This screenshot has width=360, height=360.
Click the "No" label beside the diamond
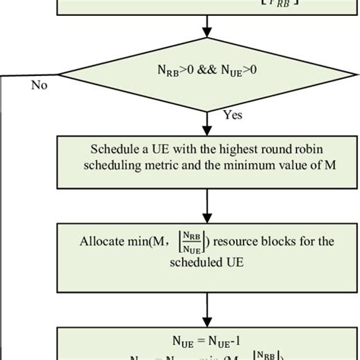[x=39, y=85]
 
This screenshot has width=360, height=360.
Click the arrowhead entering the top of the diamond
[x=206, y=33]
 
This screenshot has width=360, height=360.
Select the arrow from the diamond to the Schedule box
[x=206, y=122]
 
